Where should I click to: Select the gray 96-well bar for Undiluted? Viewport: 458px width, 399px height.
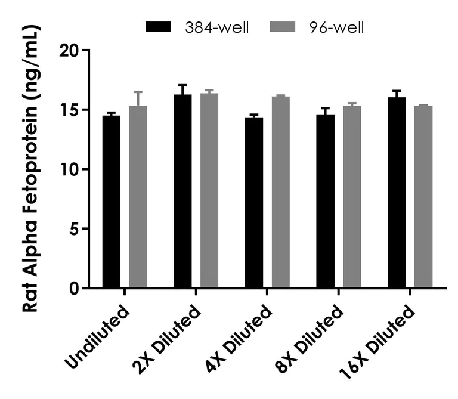click(x=138, y=197)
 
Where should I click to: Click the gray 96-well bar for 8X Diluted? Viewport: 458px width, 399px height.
click(x=352, y=197)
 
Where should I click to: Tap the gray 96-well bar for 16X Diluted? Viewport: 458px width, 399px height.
click(x=423, y=197)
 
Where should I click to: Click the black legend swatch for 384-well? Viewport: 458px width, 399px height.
click(x=158, y=27)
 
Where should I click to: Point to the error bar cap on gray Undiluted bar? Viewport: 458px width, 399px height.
click(x=138, y=92)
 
